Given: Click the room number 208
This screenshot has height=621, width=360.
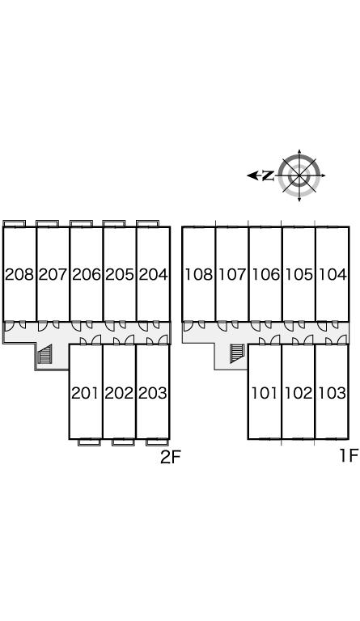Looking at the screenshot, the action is pyautogui.click(x=19, y=274).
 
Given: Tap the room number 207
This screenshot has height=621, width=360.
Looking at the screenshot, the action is pyautogui.click(x=53, y=274).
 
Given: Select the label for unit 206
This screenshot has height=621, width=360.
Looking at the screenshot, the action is pyautogui.click(x=87, y=274).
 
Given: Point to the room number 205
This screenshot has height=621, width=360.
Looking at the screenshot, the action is pyautogui.click(x=120, y=274).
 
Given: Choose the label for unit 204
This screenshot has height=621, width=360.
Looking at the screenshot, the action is pyautogui.click(x=153, y=274).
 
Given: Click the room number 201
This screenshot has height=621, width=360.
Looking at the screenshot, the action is pyautogui.click(x=85, y=393).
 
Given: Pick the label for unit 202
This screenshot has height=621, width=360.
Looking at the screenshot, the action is pyautogui.click(x=119, y=393).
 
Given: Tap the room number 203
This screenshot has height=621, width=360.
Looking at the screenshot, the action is pyautogui.click(x=153, y=393).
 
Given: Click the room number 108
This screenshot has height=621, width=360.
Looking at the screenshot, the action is pyautogui.click(x=199, y=274).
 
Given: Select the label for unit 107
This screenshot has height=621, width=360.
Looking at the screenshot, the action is pyautogui.click(x=232, y=274).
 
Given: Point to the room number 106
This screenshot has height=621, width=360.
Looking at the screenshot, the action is pyautogui.click(x=266, y=274).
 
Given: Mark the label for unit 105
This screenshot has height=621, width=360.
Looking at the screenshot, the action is pyautogui.click(x=299, y=274).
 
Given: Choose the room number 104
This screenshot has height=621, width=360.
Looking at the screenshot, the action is pyautogui.click(x=332, y=274).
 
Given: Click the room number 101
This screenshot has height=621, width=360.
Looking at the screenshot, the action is pyautogui.click(x=265, y=393).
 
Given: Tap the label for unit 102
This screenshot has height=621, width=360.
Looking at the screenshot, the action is pyautogui.click(x=299, y=393).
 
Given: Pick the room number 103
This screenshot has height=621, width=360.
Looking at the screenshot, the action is pyautogui.click(x=332, y=393).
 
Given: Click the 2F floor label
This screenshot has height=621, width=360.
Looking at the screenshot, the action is pyautogui.click(x=171, y=458).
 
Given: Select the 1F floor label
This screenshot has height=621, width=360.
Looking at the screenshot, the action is pyautogui.click(x=349, y=456).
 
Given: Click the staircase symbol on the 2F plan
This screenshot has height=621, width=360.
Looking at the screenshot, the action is pyautogui.click(x=44, y=354).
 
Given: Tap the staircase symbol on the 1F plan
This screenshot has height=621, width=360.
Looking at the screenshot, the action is pyautogui.click(x=237, y=353).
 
